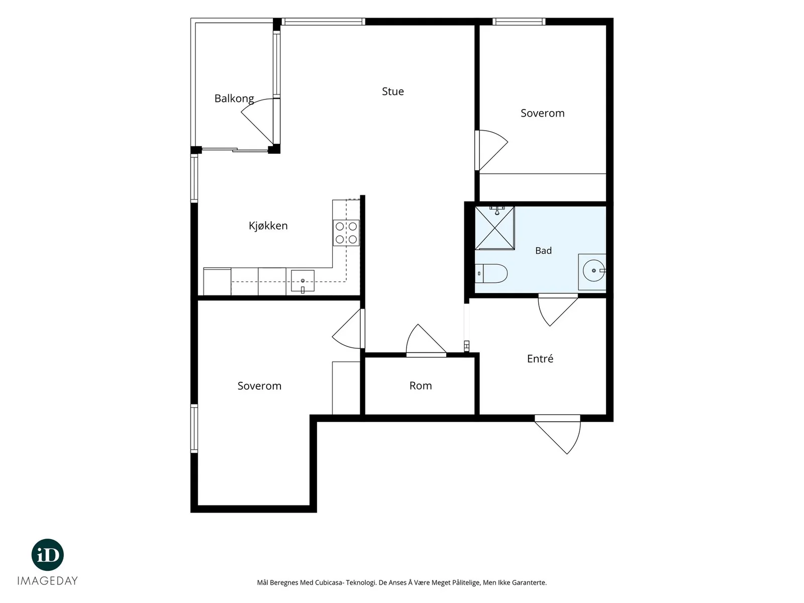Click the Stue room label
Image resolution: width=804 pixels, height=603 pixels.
coord(392,91)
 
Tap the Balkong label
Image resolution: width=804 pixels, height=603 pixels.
coord(234,98)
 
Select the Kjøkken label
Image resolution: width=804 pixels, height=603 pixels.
coord(268,226)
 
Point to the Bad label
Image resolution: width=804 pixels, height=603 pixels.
coord(543,250)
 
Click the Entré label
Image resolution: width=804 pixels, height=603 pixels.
coord(540,358)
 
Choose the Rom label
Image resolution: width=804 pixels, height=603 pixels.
coord(421,385)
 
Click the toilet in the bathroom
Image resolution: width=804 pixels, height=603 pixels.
coord(491,273)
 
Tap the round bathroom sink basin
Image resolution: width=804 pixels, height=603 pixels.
coord(594,270)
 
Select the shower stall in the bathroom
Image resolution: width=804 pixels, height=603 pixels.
coord(495,228)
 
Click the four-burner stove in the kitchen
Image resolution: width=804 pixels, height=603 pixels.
coord(346,233)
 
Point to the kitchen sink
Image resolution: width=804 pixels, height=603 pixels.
coord(303,281)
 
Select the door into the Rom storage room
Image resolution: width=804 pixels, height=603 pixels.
coord(426,339)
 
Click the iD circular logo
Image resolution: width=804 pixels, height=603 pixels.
coord(48,555)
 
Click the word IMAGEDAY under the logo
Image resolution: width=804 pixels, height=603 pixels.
coord(48,581)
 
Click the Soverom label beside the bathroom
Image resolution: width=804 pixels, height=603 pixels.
coord(543,113)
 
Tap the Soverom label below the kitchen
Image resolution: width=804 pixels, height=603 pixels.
coord(259,386)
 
